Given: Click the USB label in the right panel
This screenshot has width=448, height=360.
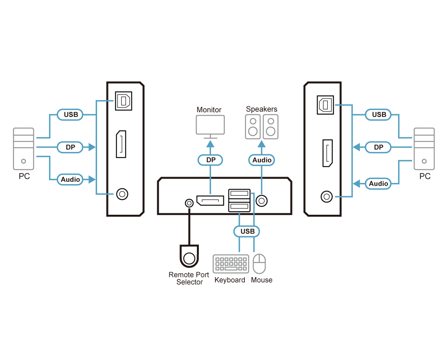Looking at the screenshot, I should tap(379, 115).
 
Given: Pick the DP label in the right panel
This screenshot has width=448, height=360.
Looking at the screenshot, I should tap(378, 147).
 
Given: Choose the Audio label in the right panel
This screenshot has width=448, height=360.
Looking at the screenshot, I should tap(378, 183).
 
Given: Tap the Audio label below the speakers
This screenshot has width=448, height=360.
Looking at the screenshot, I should tap(262, 160).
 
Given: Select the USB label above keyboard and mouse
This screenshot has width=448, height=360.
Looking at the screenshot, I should tap(247, 231).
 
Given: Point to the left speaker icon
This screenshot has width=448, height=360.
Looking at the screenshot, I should tap(253, 126).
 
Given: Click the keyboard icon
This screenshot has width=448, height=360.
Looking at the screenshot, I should tap(231, 264).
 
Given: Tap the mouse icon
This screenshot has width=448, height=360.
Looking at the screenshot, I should tap(259, 264).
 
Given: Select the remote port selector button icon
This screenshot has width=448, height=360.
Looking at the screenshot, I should tap(189, 256).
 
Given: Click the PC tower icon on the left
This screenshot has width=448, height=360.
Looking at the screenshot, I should tap(24, 150).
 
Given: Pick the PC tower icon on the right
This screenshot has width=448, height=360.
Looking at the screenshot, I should tap(424, 149).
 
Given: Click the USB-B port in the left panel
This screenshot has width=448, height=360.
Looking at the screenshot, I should tap(123, 101).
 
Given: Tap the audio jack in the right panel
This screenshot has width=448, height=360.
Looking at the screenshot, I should tap(326, 196).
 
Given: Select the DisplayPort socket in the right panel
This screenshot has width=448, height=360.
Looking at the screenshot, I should tap(327, 153).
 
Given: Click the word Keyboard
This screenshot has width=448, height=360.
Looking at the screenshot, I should tap(230, 280).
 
